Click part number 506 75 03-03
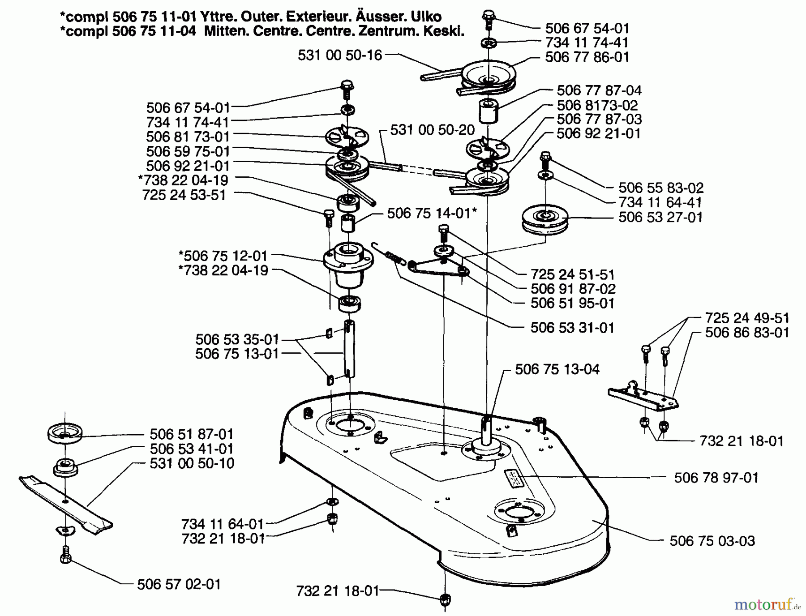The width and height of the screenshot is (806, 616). (712, 541)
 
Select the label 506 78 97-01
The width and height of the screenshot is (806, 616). (716, 478)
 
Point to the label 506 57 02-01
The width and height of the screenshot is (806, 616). (179, 584)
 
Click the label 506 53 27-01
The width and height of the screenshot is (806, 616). (660, 218)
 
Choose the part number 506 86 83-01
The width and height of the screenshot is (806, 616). (747, 333)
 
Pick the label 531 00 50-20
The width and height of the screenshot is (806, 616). (432, 130)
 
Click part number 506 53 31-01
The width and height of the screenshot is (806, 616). (572, 328)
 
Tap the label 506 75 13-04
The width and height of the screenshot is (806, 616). (557, 369)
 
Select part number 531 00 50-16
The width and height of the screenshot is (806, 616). (340, 56)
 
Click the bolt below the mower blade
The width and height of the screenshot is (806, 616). (66, 556)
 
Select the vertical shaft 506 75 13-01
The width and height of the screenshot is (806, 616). (349, 349)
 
